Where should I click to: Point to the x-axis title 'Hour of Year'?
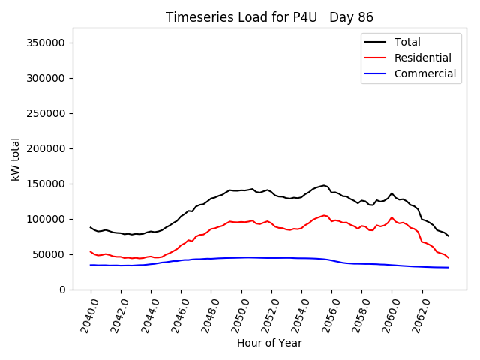tap(269, 343)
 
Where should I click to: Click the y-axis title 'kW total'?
tap(16, 159)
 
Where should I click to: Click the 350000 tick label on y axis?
tap(46, 43)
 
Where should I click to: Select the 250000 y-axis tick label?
tap(46, 113)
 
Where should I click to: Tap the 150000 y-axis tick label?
tap(46, 184)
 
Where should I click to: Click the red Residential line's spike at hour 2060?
tap(391, 217)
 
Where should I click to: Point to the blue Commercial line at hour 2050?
tap(241, 257)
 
